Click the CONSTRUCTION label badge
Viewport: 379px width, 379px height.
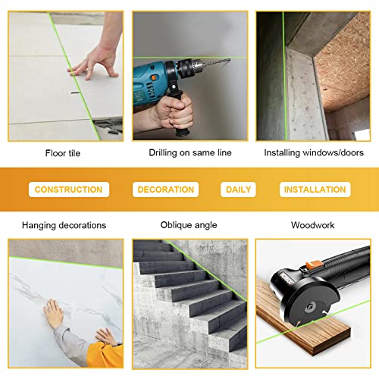click(68, 189)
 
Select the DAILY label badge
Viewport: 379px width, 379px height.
click(238, 189)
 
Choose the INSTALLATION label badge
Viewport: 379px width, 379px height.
click(313, 189)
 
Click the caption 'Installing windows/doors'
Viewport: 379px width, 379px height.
click(313, 152)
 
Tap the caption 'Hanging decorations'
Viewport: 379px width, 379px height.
click(64, 225)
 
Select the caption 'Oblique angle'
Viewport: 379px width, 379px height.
click(189, 225)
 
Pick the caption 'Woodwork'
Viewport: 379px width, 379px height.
click(313, 225)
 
